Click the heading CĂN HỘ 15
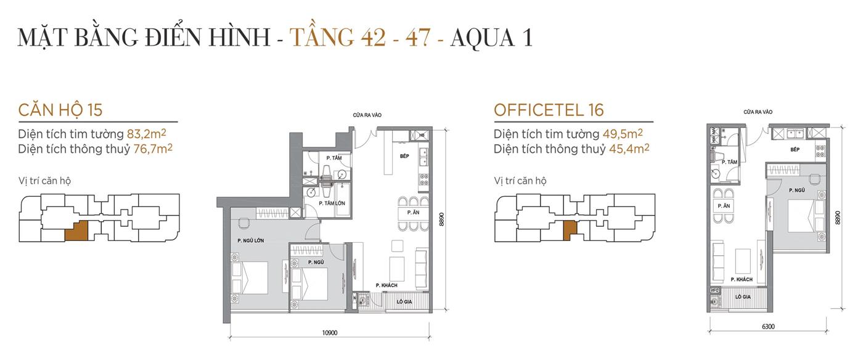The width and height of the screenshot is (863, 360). point(60,110)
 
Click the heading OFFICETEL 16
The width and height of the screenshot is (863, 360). point(549,110)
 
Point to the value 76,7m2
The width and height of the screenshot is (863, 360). point(152,149)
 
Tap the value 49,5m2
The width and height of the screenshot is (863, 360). point(623,134)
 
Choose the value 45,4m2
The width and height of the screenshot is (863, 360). point(628,149)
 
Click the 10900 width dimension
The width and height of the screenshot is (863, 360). point(330,333)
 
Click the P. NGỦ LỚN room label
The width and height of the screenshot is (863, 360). point(250,241)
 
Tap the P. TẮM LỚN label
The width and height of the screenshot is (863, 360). point(330,203)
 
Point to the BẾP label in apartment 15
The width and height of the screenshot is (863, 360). point(404,157)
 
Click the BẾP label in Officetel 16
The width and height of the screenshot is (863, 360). point(795,150)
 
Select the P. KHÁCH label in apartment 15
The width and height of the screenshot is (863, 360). point(387,285)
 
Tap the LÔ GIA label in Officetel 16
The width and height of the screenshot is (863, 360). point(743,297)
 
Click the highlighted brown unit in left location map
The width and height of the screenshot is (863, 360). point(76,231)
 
